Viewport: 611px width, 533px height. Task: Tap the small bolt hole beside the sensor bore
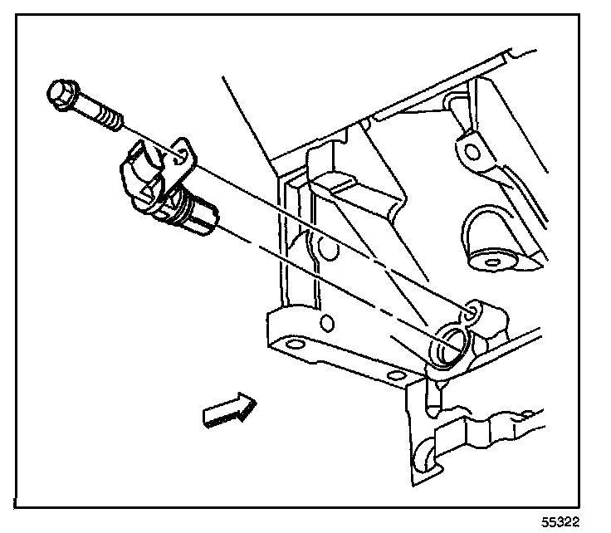click(x=472, y=311)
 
